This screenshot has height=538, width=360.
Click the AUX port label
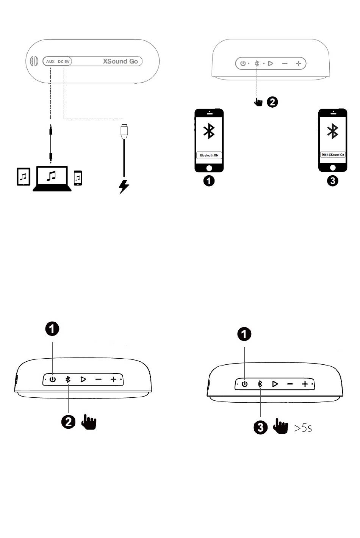click(x=50, y=61)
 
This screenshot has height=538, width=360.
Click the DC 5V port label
click(x=64, y=61)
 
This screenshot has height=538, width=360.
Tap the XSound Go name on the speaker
click(x=121, y=61)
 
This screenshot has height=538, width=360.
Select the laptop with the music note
click(x=52, y=177)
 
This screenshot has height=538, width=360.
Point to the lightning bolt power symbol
click(x=124, y=186)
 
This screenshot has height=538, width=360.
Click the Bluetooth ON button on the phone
click(x=209, y=155)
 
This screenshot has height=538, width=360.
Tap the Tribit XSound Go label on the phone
click(x=333, y=155)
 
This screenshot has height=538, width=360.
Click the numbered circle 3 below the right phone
click(x=332, y=180)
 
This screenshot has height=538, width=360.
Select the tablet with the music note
click(x=23, y=176)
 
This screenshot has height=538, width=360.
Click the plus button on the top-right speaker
click(x=298, y=64)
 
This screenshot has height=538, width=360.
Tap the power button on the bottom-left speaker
click(x=52, y=379)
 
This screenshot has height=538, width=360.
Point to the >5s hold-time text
click(x=303, y=428)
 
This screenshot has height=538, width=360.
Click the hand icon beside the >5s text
click(x=280, y=427)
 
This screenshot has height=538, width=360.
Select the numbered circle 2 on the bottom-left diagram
click(x=68, y=422)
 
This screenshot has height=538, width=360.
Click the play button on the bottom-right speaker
click(x=275, y=384)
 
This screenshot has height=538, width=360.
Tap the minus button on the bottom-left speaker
click(x=98, y=379)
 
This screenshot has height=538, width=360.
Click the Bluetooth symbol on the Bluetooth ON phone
click(x=209, y=131)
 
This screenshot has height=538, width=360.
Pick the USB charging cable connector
click(x=124, y=131)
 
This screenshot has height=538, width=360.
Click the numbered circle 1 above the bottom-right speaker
click(x=244, y=334)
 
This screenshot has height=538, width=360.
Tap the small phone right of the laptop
click(x=78, y=178)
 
